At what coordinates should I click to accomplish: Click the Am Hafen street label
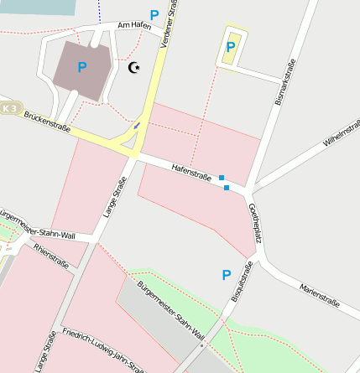(133, 25)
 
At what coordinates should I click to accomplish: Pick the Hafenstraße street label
(190, 171)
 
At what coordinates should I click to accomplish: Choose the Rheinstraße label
(50, 255)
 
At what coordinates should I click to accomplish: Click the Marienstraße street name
(318, 295)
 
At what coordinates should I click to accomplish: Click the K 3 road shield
(9, 108)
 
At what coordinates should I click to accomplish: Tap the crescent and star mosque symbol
(133, 67)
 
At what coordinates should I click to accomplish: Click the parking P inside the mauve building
(82, 67)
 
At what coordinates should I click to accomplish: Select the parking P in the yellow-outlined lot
(230, 47)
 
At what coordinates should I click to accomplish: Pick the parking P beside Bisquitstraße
(226, 274)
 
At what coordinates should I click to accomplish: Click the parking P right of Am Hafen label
(154, 15)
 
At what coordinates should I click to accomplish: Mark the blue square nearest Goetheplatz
(227, 188)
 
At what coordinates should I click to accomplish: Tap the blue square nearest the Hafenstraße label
(222, 178)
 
